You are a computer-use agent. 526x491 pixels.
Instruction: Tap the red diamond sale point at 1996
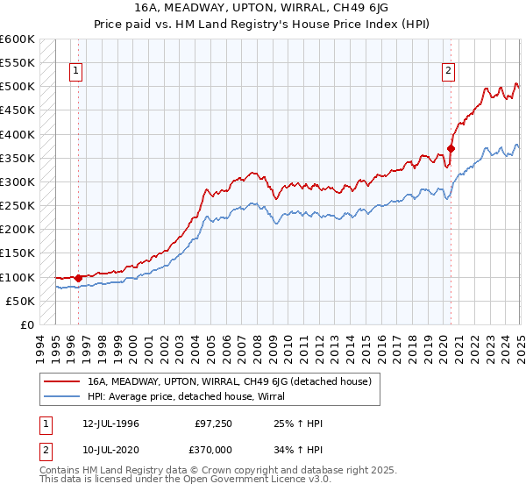tap(78, 278)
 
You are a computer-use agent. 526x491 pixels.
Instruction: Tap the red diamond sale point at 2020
tap(451, 148)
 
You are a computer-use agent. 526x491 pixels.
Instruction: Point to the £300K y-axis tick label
tap(17, 182)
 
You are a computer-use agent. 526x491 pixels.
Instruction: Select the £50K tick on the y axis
tap(19, 302)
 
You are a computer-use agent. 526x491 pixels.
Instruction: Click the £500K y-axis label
tap(17, 87)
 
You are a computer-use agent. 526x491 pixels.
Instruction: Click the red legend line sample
tap(62, 381)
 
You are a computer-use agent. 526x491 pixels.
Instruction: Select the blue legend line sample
tap(62, 396)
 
